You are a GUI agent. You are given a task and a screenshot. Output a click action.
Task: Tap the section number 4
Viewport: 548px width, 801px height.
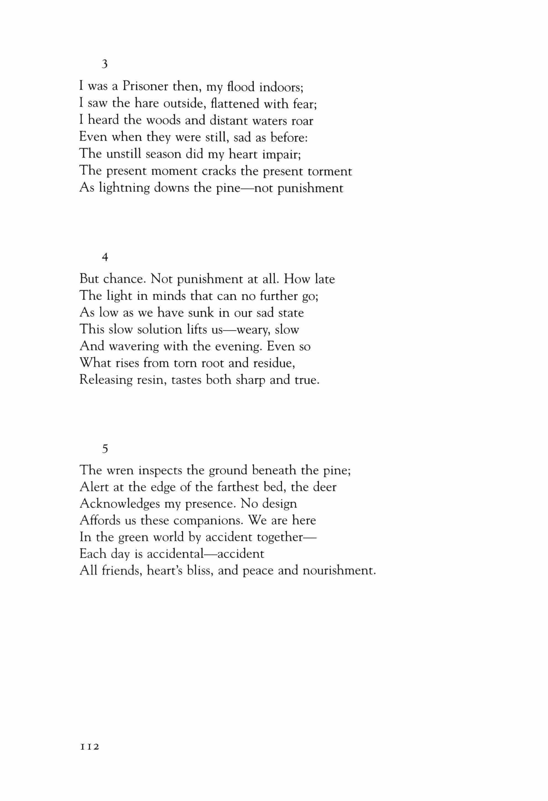pyautogui.click(x=105, y=257)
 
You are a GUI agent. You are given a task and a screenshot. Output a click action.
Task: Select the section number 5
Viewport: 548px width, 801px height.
pyautogui.click(x=105, y=449)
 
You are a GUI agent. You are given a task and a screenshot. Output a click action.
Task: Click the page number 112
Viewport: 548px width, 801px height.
pyautogui.click(x=90, y=747)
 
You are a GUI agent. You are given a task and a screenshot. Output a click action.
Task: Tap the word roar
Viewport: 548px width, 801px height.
pyautogui.click(x=302, y=121)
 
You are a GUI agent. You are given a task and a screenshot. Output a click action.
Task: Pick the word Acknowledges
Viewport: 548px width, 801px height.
pyautogui.click(x=120, y=504)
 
